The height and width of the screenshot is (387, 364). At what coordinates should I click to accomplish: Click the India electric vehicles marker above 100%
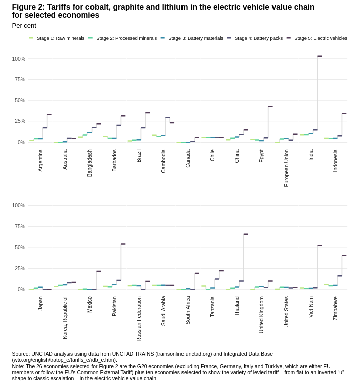coord(320,56)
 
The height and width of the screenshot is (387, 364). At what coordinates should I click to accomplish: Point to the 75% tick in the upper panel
coord(19,80)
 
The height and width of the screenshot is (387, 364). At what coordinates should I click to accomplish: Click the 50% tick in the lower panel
coord(19,247)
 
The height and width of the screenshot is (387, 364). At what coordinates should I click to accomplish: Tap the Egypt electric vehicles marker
coord(270,107)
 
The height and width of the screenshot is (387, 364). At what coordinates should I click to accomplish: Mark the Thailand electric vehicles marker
coord(246,234)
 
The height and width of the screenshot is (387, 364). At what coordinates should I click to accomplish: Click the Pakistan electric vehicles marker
coord(123,244)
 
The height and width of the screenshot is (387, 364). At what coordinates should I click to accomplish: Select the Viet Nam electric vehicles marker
coord(320,246)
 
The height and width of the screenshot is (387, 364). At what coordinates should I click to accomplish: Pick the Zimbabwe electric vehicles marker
coord(344,256)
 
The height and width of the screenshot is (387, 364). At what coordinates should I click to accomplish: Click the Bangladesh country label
coord(90,163)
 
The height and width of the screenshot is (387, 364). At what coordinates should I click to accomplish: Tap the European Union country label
coord(287,168)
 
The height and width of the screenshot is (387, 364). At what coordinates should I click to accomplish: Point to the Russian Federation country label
coord(139,319)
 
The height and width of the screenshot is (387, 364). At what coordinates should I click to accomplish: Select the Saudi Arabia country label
coord(163,311)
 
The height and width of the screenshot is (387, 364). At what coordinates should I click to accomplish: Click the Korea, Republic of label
coord(65,317)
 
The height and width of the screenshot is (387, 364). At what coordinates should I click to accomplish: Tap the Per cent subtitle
coord(24,26)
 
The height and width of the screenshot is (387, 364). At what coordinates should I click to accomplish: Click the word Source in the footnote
coord(21,354)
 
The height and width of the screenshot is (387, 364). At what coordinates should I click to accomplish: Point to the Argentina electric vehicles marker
coord(49,115)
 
